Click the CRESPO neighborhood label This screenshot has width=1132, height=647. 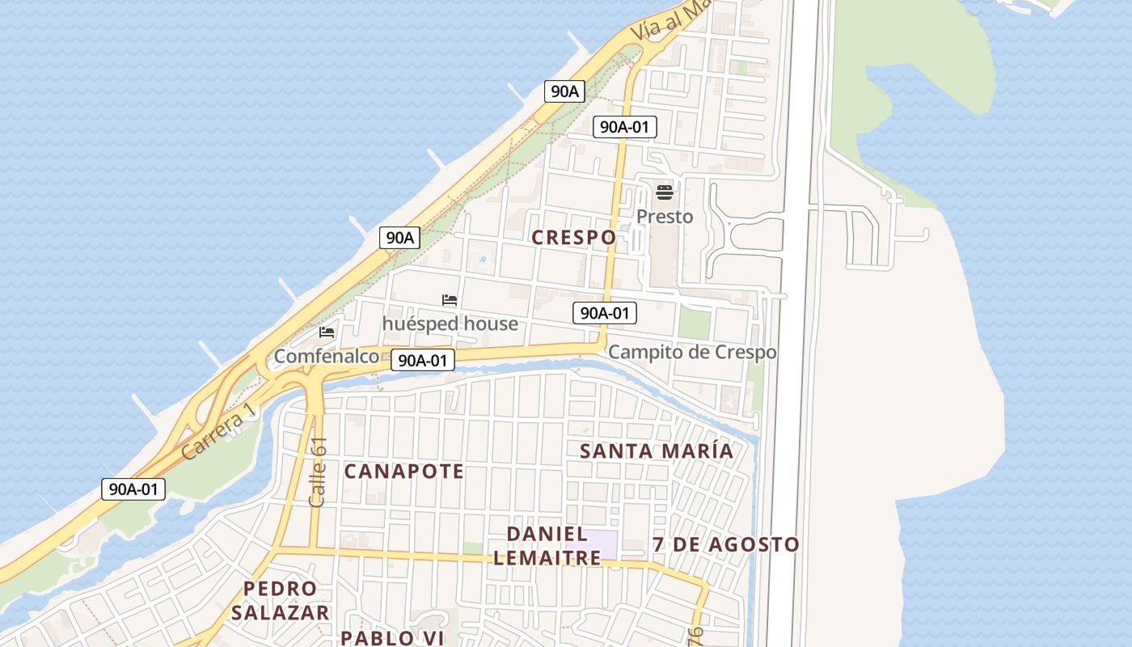coord(574,237)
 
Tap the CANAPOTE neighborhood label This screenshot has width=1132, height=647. coord(404,471)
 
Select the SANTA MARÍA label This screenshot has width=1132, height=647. coord(657,451)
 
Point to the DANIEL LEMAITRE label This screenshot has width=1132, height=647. coord(547,545)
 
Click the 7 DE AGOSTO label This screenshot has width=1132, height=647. coord(726,544)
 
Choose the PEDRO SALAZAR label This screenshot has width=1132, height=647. coord(281,600)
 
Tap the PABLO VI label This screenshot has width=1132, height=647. coord(392,637)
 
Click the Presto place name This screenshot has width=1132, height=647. coord(665,217)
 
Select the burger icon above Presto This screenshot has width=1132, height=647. coord(665,192)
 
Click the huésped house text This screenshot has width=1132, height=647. coord(450,323)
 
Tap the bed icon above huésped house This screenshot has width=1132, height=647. coord(450,300)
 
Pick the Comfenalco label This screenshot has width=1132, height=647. coord(327,356)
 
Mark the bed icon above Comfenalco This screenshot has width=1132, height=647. coord(327,332)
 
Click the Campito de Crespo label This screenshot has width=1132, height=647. coord(692,352)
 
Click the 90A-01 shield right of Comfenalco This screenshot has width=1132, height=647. coord(423,361)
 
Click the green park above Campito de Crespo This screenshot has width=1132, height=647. coord(694,323)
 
